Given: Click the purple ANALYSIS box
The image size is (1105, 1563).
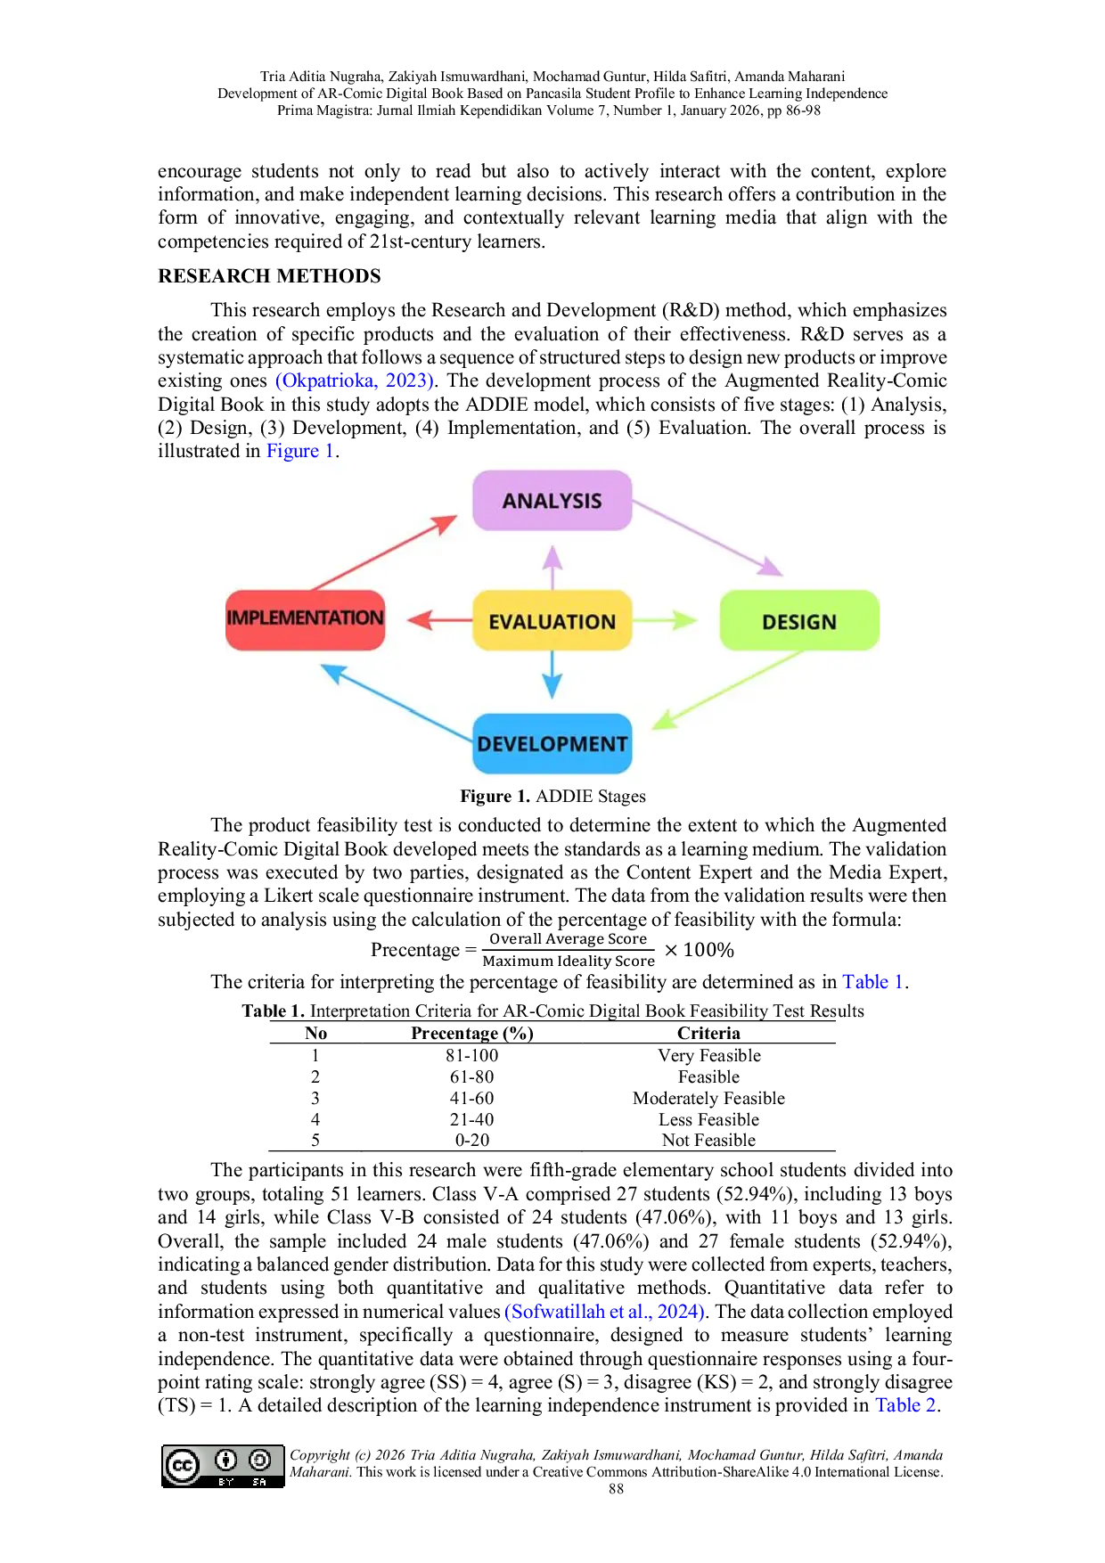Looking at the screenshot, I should coord(552,501).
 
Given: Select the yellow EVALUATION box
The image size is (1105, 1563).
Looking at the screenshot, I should coord(552,621).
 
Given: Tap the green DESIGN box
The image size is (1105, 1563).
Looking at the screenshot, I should coord(799,621).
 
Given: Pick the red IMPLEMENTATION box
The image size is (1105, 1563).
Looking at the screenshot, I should coord(305,619).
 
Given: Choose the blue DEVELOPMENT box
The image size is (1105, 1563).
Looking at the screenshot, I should coord(552,743).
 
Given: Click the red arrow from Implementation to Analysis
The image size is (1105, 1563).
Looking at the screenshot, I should coord(383,553).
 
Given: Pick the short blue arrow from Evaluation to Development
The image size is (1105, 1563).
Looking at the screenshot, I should coord(552,674).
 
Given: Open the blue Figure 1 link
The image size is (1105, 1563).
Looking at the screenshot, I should coord(299,451).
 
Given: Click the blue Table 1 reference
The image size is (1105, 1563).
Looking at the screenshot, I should coord(872,981).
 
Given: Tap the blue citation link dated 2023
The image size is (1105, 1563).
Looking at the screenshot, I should coord(354,381).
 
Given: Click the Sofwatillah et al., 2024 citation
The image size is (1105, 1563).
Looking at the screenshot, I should coord(604,1311).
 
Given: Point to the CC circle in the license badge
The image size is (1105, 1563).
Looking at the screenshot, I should coord(182,1466).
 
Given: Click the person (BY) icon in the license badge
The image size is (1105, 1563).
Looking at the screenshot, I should coord(226,1461).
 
